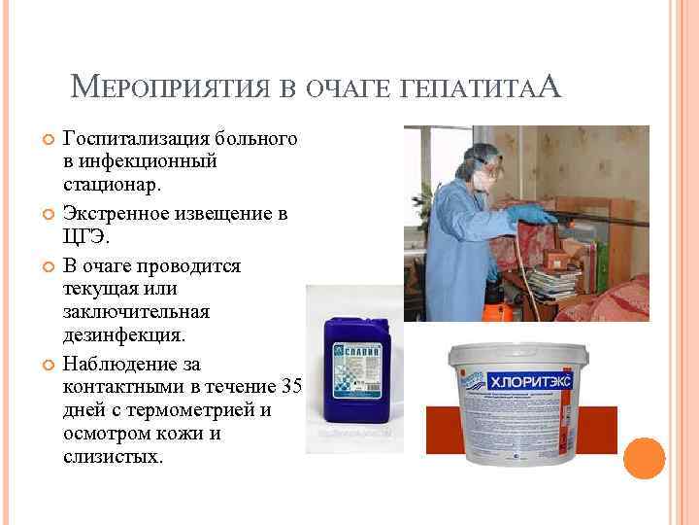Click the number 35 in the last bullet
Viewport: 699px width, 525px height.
pyautogui.click(x=291, y=388)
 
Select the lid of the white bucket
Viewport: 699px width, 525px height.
pyautogui.click(x=515, y=351)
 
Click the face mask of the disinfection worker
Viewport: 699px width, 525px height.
pyautogui.click(x=485, y=181)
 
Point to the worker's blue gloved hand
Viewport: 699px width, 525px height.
pyautogui.click(x=530, y=213)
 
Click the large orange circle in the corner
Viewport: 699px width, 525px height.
pyautogui.click(x=644, y=458)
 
